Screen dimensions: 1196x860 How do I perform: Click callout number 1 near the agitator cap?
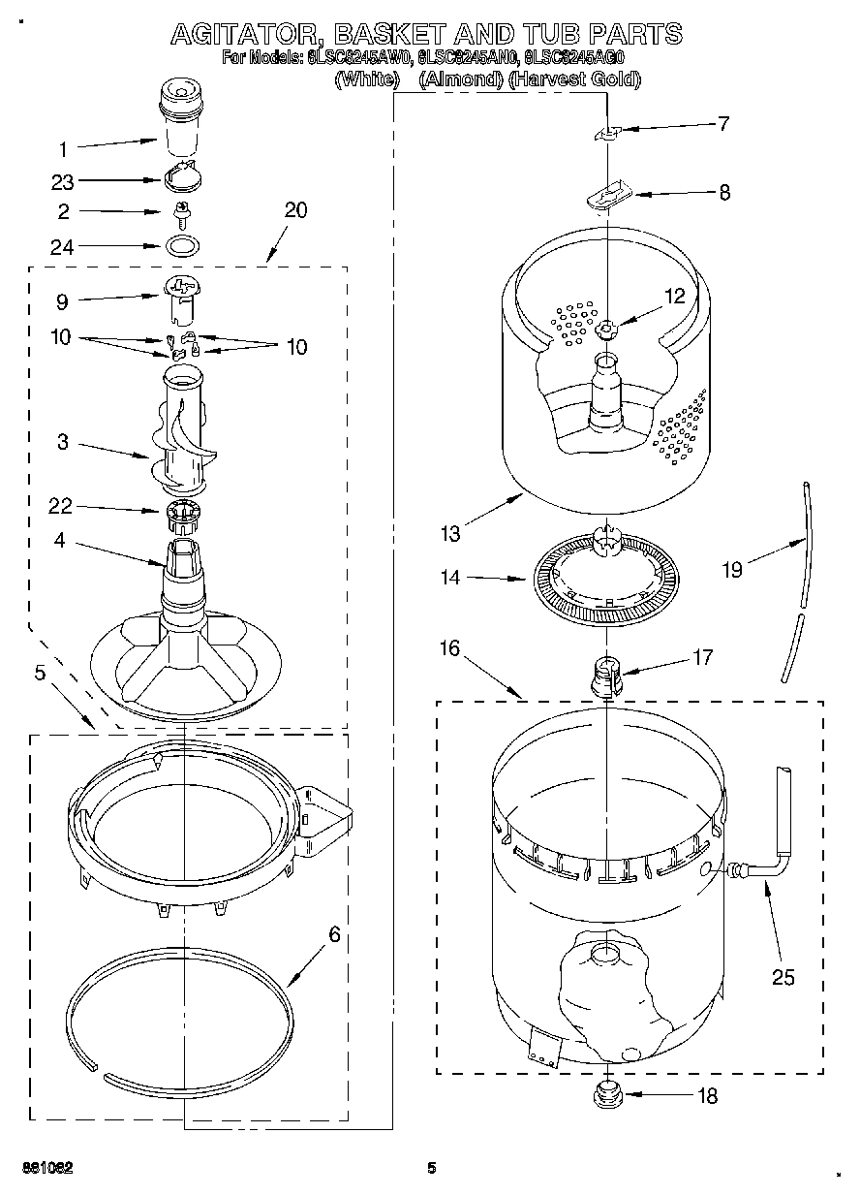pos(63,149)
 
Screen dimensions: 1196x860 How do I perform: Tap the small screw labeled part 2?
pos(179,210)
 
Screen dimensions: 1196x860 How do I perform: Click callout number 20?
pos(295,209)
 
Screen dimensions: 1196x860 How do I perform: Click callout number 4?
pos(60,541)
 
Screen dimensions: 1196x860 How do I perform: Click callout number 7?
pos(722,123)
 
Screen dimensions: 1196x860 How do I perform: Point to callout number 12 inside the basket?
pos(674,297)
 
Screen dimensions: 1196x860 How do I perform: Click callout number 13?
pos(448,532)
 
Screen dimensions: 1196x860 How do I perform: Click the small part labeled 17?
pos(607,674)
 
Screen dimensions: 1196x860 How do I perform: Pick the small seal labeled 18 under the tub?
pos(606,1095)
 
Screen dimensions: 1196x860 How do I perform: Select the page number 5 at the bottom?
pos(432,1168)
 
